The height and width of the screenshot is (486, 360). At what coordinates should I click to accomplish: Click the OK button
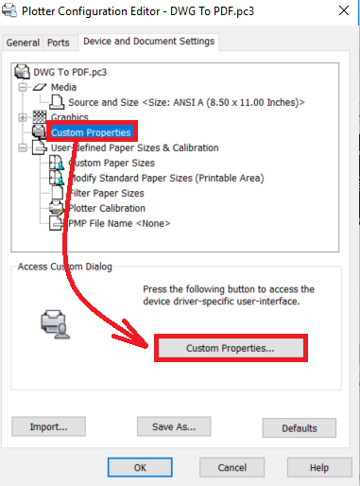(x=140, y=467)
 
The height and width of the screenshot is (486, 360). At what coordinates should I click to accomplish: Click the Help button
(x=319, y=467)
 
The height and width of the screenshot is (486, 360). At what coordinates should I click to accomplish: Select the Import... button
(x=48, y=426)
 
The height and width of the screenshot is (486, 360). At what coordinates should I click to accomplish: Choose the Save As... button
(x=174, y=426)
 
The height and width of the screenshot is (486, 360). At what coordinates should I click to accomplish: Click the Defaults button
(x=300, y=428)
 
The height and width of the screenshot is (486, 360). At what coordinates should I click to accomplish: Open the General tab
(x=23, y=43)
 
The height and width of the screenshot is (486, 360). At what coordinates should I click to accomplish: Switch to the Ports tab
(x=59, y=43)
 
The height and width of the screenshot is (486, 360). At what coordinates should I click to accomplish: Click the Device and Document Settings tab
(x=148, y=42)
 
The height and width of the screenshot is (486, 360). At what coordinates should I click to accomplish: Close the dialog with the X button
(x=344, y=10)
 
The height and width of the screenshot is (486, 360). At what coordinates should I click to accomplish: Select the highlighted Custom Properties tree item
(x=91, y=132)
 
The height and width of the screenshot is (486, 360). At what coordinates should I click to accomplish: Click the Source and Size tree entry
(x=186, y=102)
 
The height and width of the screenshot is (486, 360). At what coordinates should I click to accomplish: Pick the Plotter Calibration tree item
(x=107, y=208)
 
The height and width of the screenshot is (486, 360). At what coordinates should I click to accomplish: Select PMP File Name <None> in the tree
(x=119, y=223)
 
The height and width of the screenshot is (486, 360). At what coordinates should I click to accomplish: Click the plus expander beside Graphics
(x=23, y=117)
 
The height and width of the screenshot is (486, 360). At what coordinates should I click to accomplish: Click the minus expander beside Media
(x=23, y=87)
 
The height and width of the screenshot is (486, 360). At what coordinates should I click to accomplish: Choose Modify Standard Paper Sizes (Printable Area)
(x=166, y=178)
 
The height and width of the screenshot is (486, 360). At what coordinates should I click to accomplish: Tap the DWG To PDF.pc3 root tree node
(x=70, y=72)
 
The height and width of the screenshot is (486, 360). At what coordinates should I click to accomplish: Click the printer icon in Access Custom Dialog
(x=55, y=324)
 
